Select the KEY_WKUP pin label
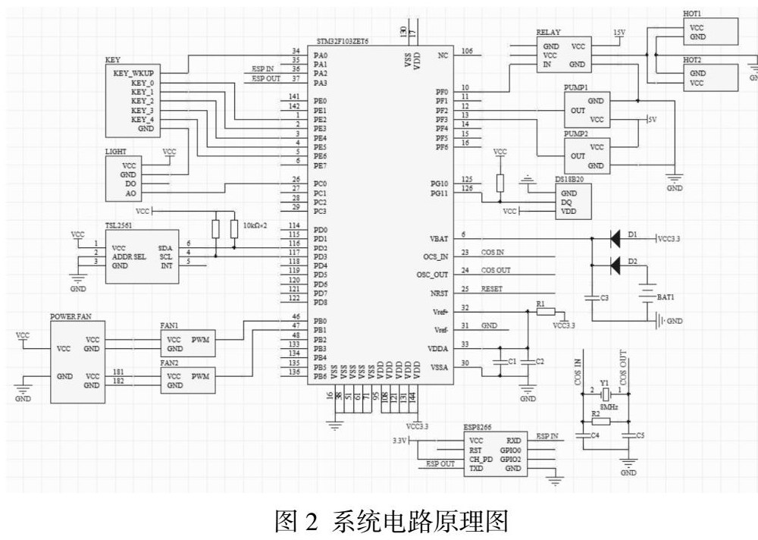point(133,74)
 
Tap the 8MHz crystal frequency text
point(606,407)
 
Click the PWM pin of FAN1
point(201,340)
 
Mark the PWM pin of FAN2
point(201,376)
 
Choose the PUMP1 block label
point(576,88)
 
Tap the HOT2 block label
point(692,60)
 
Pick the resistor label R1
point(540,303)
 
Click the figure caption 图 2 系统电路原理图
point(378,520)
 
